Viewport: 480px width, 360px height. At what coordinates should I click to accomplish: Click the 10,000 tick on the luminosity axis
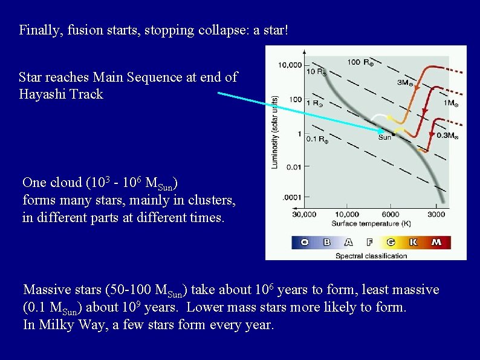(290, 65)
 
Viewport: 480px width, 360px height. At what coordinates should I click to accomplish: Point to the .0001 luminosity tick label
(292, 197)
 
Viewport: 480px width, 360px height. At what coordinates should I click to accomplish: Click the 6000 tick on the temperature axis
(391, 214)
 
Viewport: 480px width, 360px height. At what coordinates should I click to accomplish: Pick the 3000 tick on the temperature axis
(436, 214)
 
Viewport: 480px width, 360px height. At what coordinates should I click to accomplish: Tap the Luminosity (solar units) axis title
(274, 131)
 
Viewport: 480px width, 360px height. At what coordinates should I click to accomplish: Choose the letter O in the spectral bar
(304, 243)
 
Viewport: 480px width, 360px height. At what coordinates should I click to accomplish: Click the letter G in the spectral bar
(391, 243)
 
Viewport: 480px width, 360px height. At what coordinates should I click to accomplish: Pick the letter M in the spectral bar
(436, 243)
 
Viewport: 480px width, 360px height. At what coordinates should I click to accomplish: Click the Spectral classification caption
(371, 256)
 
